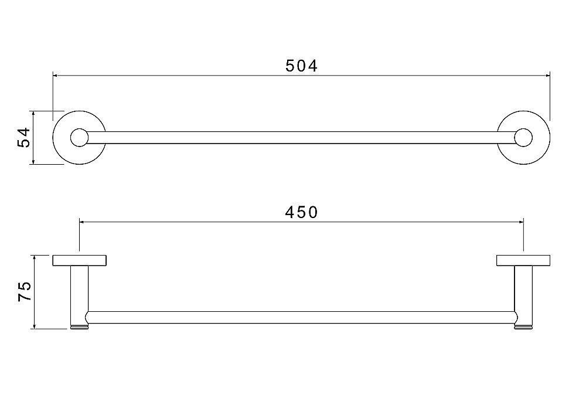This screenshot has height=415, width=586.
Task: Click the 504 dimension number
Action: [301, 66]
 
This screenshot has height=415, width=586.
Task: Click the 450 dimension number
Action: [301, 213]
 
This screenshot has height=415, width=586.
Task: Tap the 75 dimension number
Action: [24, 292]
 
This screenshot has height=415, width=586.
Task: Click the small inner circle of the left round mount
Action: [79, 138]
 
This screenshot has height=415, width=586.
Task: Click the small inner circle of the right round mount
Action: [523, 138]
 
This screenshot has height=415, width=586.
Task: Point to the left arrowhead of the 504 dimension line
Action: [55, 76]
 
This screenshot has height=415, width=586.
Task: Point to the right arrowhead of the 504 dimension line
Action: [547, 76]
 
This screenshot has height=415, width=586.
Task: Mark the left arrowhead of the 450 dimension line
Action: [82, 222]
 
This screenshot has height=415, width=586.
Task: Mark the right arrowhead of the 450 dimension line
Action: [521, 222]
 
